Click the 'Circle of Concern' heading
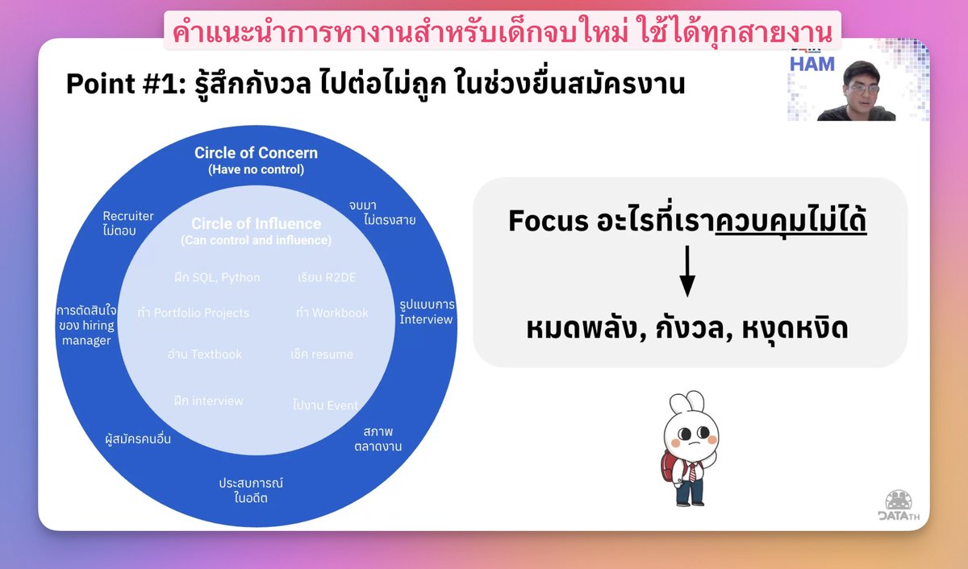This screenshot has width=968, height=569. tap(256, 153)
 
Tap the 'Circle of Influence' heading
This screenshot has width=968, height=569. tap(256, 224)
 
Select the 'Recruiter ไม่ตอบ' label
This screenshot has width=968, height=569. tap(128, 223)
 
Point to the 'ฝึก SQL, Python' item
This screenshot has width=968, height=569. tap(217, 277)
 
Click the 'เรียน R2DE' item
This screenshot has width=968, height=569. tap(327, 277)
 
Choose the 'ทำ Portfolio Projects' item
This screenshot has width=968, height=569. tap(194, 313)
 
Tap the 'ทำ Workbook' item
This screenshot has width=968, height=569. tap(332, 313)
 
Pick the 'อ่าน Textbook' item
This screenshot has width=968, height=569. tap(204, 354)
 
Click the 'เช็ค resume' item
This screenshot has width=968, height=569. tap(322, 354)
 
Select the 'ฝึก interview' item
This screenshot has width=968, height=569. tap(208, 401)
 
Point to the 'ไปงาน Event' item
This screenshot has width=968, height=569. tap(325, 405)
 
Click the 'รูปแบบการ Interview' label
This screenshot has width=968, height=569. tap(427, 312)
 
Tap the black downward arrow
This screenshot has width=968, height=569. tap(686, 272)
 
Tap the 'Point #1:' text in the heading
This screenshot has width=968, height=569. tap(125, 83)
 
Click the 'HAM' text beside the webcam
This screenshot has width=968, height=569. tap(812, 63)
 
